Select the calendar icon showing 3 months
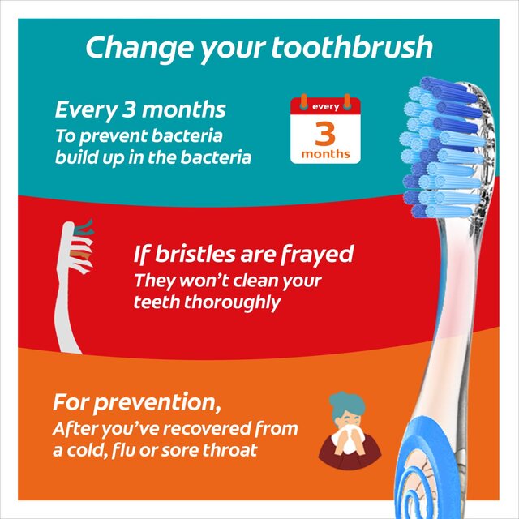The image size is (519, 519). click(325, 129)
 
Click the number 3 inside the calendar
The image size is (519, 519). click(325, 131)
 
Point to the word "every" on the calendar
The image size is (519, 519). click(325, 106)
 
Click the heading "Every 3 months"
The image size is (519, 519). click(139, 109)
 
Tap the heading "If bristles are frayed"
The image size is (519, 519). click(243, 255)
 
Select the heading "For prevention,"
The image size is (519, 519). click(137, 402)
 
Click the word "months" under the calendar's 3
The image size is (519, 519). click(325, 153)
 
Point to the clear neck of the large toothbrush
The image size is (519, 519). click(450, 308)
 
